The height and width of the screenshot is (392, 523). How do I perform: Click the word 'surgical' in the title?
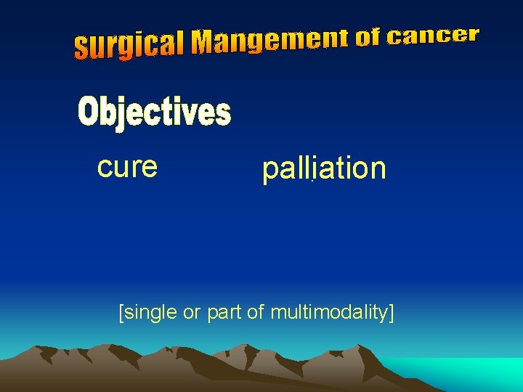(129, 46)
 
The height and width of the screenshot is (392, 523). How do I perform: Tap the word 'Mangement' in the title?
(270, 41)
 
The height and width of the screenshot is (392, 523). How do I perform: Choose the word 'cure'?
(127, 166)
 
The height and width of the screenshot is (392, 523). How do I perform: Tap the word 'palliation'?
(324, 169)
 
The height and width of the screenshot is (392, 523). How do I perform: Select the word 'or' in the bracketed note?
(190, 313)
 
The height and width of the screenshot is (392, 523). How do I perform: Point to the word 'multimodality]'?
(332, 313)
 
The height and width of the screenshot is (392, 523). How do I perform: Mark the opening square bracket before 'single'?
(121, 313)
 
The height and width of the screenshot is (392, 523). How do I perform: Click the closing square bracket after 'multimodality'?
(392, 313)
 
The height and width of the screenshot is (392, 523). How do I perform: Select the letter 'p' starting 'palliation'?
(269, 171)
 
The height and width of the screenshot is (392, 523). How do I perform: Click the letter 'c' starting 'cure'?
(103, 168)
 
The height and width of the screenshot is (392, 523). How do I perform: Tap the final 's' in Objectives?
(223, 115)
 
